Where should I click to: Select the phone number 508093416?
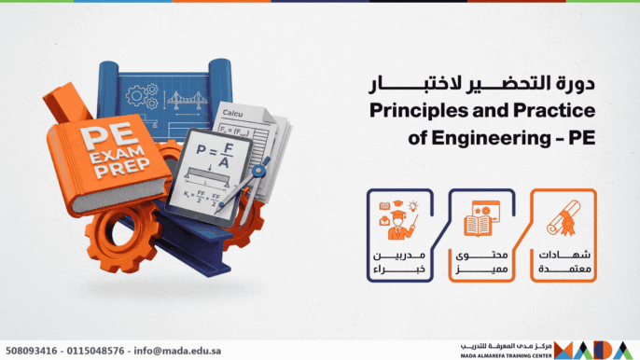click(33, 351)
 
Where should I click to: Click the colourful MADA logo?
click(598, 347)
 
